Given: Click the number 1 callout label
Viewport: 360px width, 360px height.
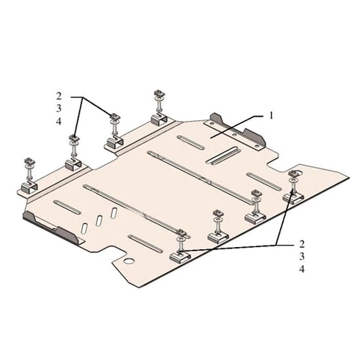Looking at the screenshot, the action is (x=271, y=116).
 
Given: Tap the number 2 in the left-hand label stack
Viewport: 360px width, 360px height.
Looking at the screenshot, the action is (x=59, y=96).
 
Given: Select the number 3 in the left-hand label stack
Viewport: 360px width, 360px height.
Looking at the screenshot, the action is (x=59, y=109).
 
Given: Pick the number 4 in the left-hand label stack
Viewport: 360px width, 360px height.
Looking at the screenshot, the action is (x=59, y=122).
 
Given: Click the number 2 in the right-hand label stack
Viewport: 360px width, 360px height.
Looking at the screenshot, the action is (x=302, y=244).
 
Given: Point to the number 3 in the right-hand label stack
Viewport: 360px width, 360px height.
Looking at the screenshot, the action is (x=302, y=256).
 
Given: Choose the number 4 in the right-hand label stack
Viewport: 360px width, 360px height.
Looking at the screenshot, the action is (x=302, y=269).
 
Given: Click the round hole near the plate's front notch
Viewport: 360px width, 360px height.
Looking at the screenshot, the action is (x=129, y=261).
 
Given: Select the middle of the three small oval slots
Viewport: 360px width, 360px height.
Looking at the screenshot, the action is (x=99, y=220).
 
